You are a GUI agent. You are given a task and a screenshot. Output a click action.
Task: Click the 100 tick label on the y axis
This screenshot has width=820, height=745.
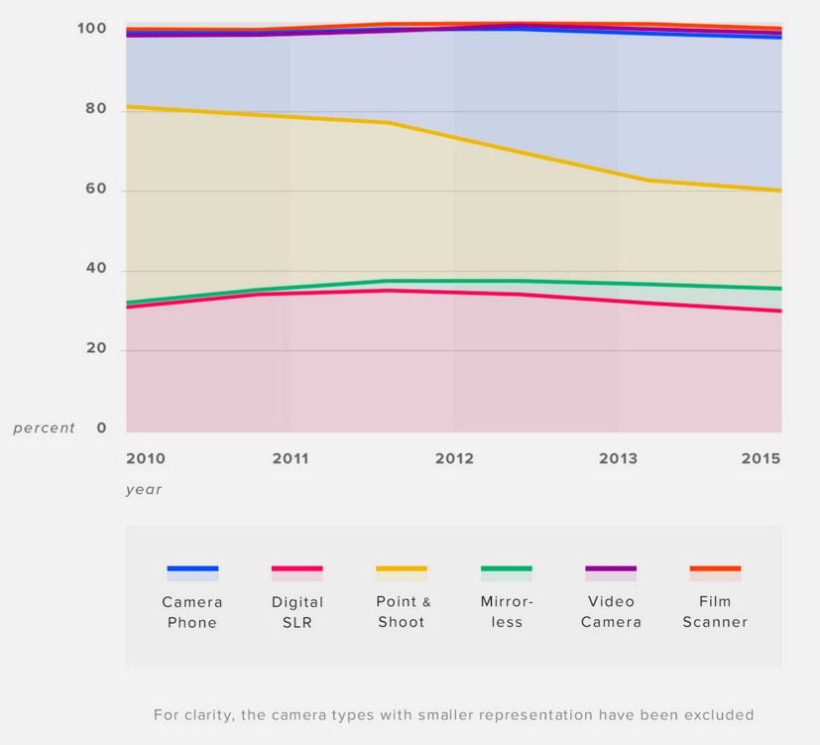point(91,29)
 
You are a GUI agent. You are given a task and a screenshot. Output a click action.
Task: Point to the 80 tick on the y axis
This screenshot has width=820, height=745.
point(96,109)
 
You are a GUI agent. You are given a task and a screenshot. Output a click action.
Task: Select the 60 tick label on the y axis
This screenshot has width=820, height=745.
point(96,189)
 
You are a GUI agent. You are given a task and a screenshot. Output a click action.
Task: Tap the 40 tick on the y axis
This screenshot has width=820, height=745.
point(96,270)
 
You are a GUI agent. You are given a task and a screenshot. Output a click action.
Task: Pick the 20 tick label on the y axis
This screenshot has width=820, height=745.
point(96,349)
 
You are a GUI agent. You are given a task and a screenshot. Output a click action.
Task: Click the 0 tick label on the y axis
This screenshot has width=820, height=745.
point(101,429)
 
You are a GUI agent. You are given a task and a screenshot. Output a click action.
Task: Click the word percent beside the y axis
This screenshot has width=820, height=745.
point(44,429)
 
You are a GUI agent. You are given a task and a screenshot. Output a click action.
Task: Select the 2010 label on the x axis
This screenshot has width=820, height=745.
point(146,458)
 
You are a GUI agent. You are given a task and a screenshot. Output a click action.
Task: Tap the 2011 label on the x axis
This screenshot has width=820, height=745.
point(291,458)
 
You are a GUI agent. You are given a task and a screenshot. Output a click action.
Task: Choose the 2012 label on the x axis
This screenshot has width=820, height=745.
point(454,458)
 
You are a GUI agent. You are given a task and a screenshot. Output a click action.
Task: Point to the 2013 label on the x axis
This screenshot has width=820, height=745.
point(618,458)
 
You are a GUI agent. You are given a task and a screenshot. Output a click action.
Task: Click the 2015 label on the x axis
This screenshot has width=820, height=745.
point(761,458)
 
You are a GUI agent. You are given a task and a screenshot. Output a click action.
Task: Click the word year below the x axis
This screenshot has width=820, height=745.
point(144,489)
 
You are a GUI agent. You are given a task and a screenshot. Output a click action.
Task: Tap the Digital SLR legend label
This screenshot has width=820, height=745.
point(297,612)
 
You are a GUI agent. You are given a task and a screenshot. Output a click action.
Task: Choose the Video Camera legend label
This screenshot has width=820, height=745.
point(611,612)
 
